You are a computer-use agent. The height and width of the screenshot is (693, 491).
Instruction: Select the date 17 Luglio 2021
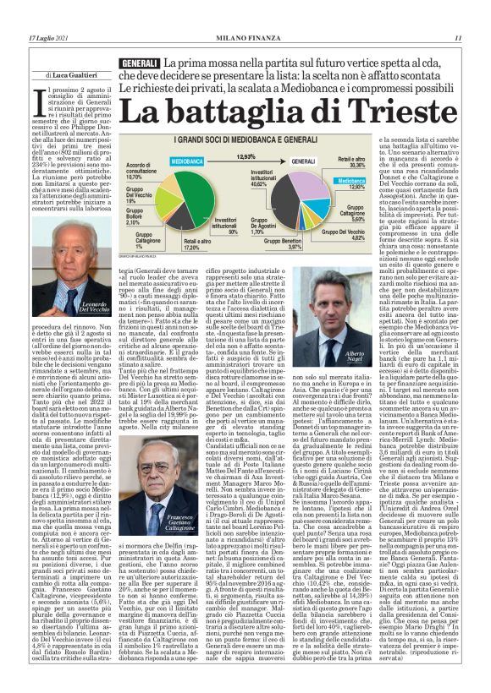47,37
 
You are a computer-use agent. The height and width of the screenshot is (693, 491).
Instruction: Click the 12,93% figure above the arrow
245,156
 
